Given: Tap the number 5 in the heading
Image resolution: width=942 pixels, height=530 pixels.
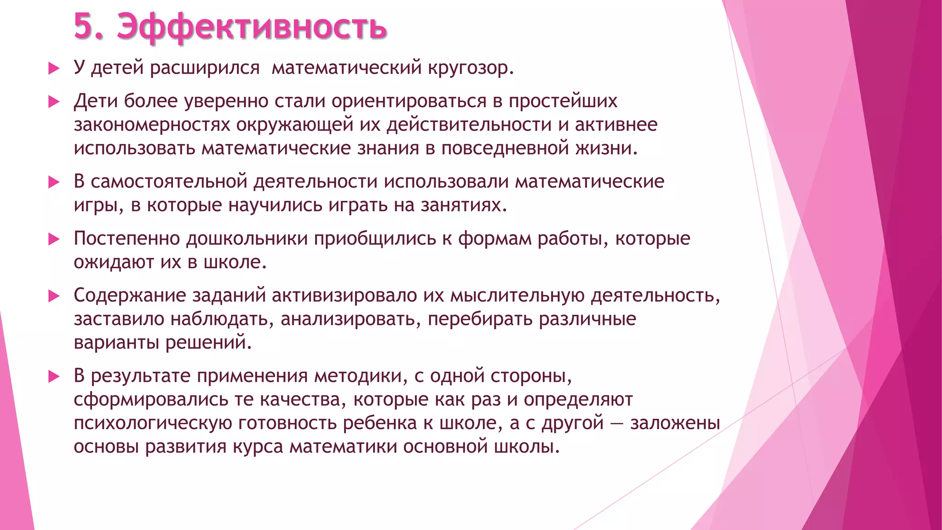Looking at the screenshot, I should [83, 27].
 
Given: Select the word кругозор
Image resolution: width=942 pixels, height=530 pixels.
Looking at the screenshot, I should [470, 68].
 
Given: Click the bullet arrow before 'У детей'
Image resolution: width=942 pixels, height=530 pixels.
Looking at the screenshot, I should [54, 69].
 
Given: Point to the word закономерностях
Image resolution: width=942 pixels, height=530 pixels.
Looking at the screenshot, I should [152, 125].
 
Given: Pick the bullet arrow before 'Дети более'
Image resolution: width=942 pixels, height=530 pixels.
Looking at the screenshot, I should [54, 102].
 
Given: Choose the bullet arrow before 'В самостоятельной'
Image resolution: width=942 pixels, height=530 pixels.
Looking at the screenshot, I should [54, 182].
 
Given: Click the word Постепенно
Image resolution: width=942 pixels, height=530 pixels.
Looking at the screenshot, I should [127, 238].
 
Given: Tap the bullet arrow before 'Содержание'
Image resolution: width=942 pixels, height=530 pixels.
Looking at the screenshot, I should [54, 296].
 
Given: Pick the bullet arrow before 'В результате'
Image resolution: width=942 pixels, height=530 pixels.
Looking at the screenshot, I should [54, 377].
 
